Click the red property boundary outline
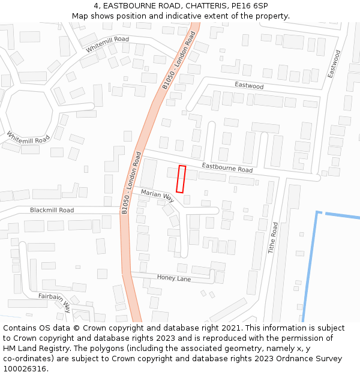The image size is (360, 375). pyautogui.click(x=181, y=179)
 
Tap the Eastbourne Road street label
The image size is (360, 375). pyautogui.click(x=227, y=167)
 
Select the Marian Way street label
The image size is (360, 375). pyautogui.click(x=157, y=194)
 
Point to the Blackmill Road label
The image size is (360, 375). pyautogui.click(x=52, y=210)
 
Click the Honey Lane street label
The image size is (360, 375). pyautogui.click(x=174, y=278)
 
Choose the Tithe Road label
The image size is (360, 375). pyautogui.click(x=272, y=238)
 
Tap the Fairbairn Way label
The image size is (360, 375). pyautogui.click(x=55, y=301)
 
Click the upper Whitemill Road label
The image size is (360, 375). pyautogui.click(x=107, y=44)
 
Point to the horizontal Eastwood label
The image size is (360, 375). pyautogui.click(x=249, y=86)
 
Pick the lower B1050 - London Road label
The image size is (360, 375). pyautogui.click(x=131, y=182)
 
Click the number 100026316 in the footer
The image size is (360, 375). pyautogui.click(x=25, y=368)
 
